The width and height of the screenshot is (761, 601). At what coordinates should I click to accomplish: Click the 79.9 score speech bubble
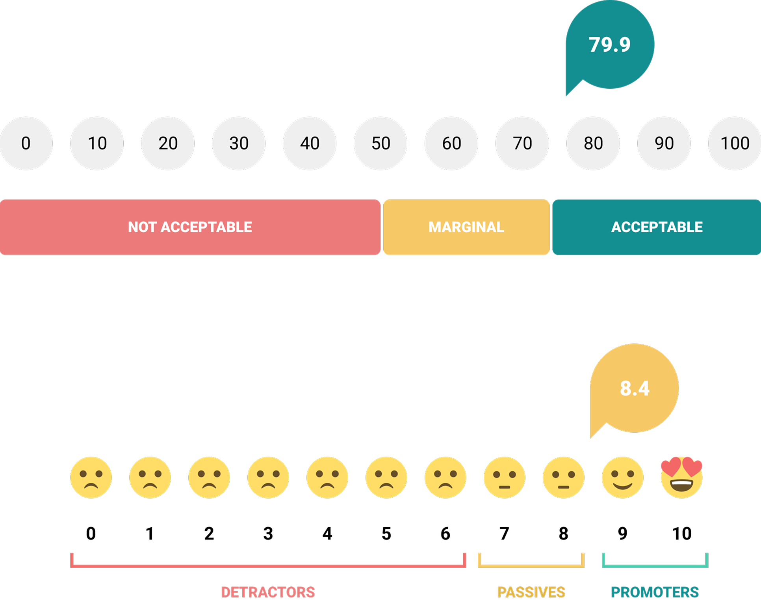click(610, 45)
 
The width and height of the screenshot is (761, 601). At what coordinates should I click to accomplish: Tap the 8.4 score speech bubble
click(634, 388)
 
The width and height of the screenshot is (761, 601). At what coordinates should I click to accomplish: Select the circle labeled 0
click(26, 143)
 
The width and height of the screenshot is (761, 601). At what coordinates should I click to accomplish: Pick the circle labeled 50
click(380, 143)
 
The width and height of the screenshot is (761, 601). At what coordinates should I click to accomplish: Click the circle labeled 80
click(593, 143)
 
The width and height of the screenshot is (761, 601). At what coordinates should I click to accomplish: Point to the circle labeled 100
click(735, 143)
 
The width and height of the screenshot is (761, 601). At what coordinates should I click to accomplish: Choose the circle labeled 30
click(239, 143)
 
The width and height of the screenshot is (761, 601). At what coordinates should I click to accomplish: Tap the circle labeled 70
click(522, 143)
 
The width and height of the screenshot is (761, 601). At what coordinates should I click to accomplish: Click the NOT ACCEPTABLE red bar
click(190, 227)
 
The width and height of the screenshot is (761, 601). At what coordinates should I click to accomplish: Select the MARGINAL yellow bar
click(466, 227)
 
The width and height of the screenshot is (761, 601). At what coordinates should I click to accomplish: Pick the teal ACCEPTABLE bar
click(657, 227)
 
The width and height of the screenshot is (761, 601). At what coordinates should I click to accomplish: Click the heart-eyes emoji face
click(682, 477)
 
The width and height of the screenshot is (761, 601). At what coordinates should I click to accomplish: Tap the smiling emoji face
click(623, 478)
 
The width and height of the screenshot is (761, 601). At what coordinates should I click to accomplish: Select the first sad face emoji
click(91, 478)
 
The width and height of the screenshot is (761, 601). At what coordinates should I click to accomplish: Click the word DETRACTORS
click(268, 592)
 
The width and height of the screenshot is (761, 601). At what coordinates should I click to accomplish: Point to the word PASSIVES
click(531, 592)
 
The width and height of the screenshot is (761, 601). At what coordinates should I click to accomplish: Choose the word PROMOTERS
click(655, 592)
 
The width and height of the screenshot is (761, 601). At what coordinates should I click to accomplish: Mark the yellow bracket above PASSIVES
click(531, 566)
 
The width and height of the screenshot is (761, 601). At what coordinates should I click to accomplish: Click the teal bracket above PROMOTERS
click(655, 566)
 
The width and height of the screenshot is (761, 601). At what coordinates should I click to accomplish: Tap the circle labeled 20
click(168, 143)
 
